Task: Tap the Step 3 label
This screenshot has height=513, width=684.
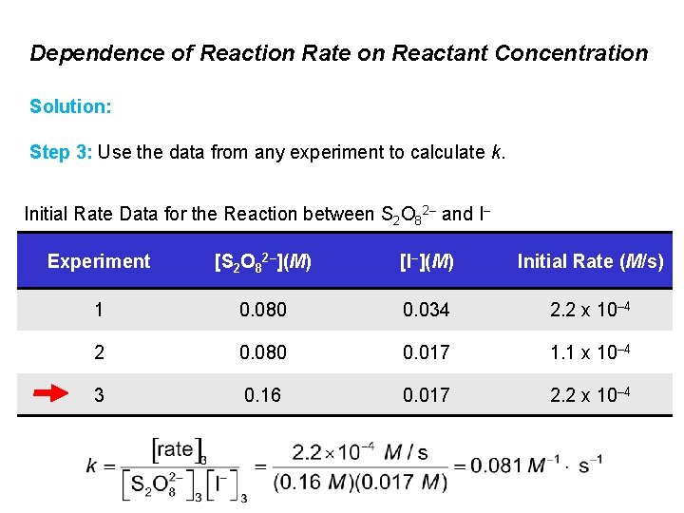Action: click(x=60, y=152)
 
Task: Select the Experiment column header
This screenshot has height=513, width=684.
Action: click(x=99, y=261)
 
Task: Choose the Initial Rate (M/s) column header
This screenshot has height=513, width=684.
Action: click(x=590, y=261)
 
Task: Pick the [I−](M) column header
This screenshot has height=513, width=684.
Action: click(x=427, y=261)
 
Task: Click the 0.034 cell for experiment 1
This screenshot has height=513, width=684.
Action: click(x=427, y=310)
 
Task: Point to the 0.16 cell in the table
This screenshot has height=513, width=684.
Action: click(x=262, y=394)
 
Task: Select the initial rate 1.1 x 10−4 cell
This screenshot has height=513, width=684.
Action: click(x=590, y=352)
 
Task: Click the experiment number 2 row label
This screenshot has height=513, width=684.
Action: click(x=99, y=352)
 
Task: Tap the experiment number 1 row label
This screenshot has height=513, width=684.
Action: click(x=99, y=310)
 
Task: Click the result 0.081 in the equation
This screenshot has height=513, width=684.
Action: click(x=496, y=465)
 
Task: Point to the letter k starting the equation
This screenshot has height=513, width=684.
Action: click(x=91, y=465)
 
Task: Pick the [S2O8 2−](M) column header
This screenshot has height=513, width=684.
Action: click(x=262, y=261)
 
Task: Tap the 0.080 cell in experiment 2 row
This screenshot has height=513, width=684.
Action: click(x=262, y=352)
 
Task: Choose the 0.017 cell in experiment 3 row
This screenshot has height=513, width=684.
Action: click(x=427, y=394)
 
